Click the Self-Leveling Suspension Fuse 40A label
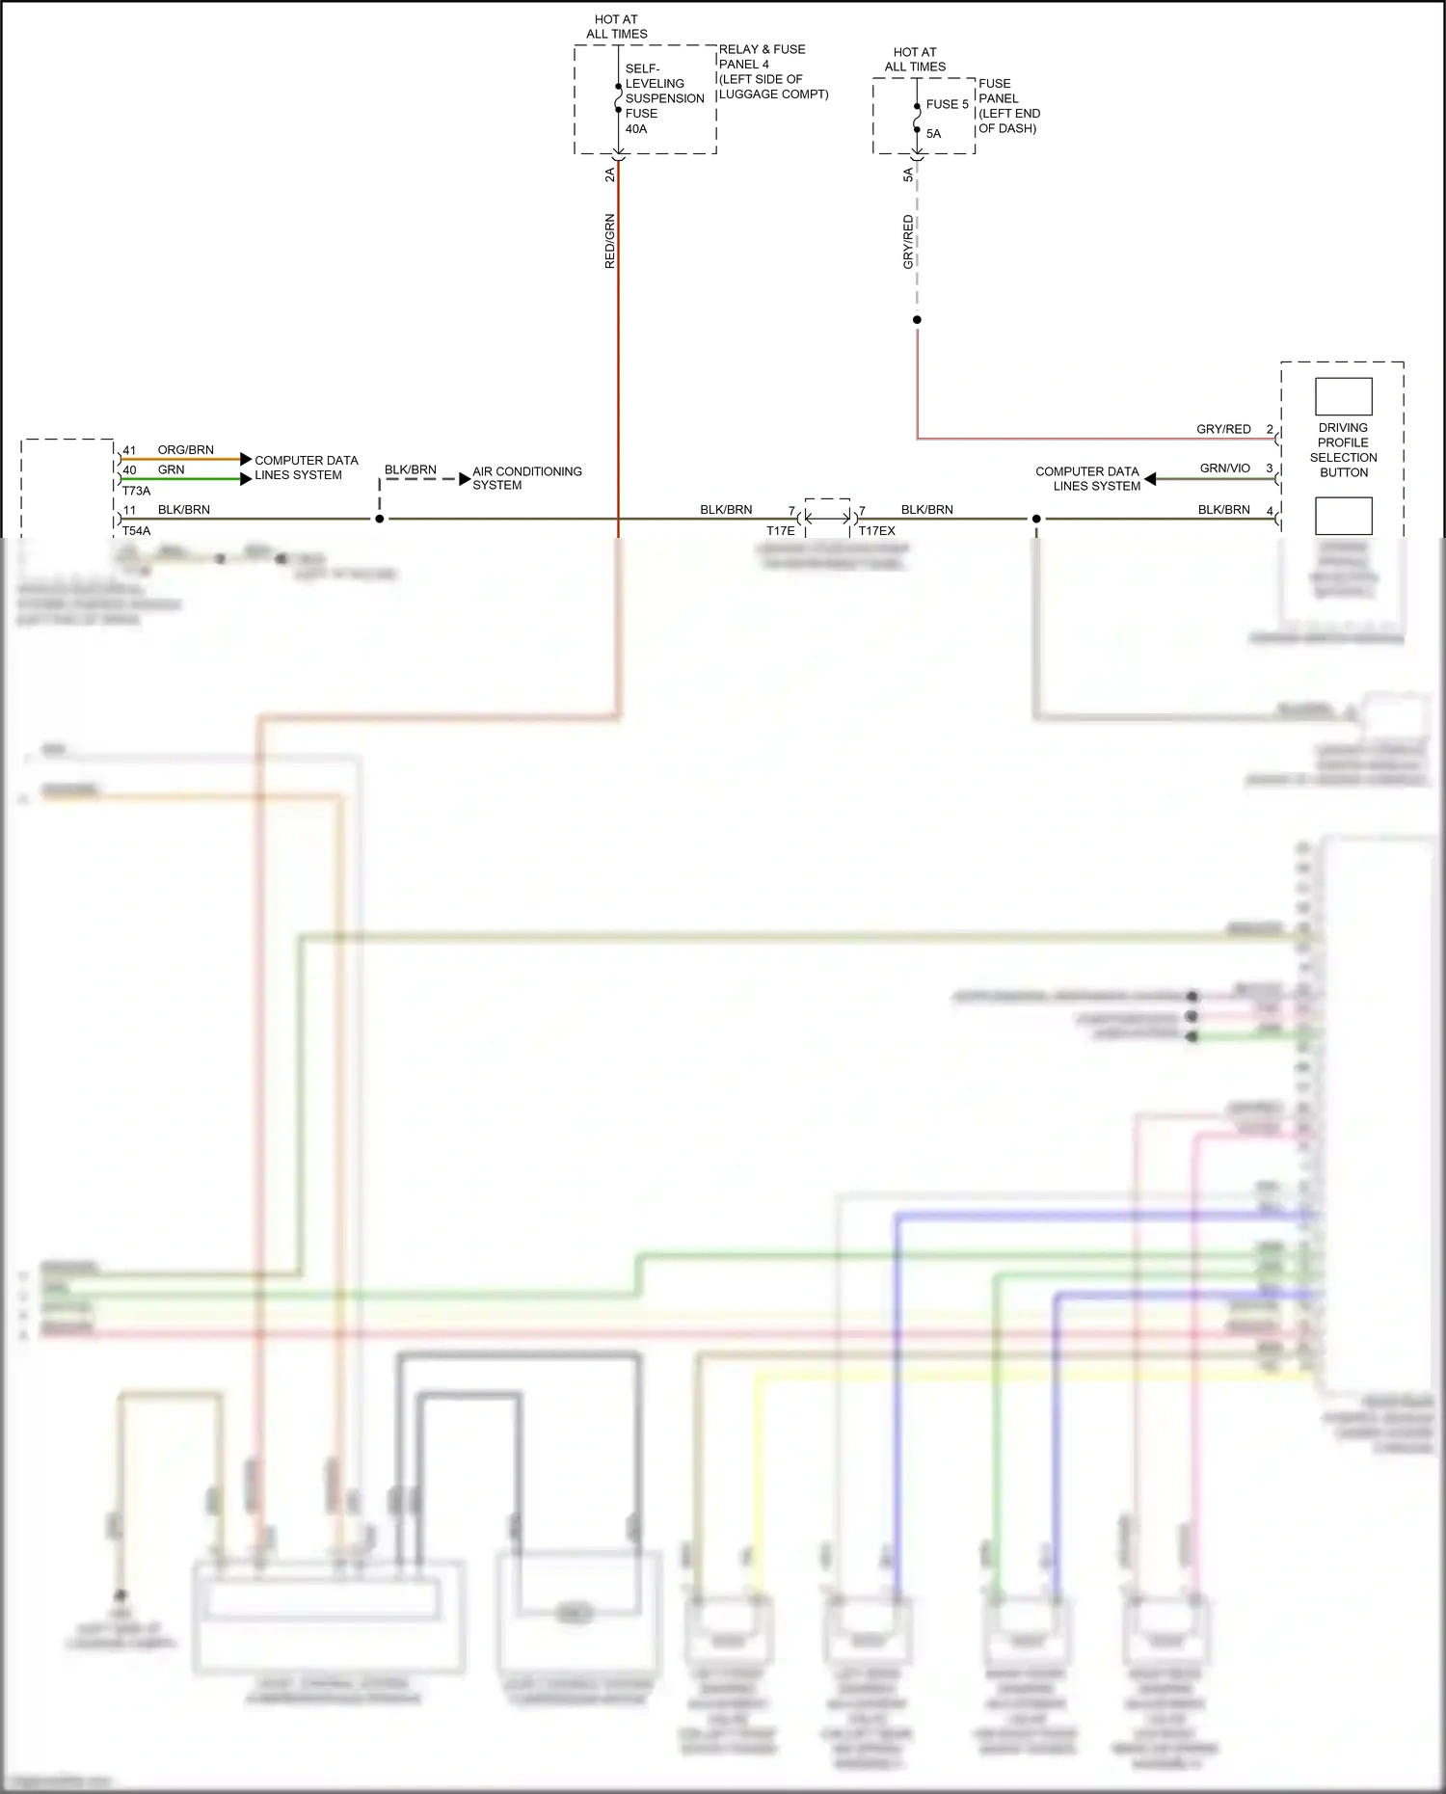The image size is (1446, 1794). click(x=663, y=98)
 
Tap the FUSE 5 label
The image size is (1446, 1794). click(x=947, y=104)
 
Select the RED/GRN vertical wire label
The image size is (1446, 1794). click(x=609, y=241)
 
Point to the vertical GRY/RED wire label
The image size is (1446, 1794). click(x=908, y=242)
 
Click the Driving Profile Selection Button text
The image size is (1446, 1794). click(x=1343, y=450)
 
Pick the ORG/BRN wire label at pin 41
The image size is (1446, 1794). click(x=185, y=450)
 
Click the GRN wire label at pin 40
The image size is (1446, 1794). click(x=171, y=470)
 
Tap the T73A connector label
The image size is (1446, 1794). click(x=136, y=491)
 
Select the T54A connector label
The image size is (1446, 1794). click(x=136, y=531)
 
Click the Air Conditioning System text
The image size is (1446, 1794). click(x=526, y=478)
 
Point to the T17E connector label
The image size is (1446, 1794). click(x=780, y=531)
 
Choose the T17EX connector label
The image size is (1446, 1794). click(x=876, y=531)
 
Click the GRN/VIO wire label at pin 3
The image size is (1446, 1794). click(x=1224, y=469)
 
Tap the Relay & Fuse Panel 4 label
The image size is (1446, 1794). click(x=772, y=71)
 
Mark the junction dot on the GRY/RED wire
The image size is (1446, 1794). click(x=917, y=320)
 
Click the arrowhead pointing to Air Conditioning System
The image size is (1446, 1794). click(x=465, y=479)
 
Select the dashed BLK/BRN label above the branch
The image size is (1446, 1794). click(x=410, y=470)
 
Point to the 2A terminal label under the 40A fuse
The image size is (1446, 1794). click(x=609, y=174)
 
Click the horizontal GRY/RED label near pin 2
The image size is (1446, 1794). click(x=1223, y=429)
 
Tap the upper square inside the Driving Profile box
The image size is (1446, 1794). click(x=1343, y=396)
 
